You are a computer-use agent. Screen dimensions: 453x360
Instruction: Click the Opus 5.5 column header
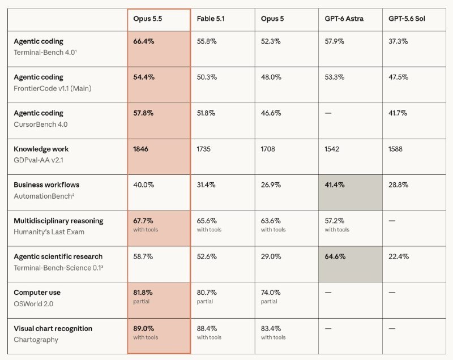coord(147,19)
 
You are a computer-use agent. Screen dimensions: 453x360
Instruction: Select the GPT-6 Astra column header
coord(344,19)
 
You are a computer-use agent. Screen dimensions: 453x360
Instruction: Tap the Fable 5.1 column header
coord(211,19)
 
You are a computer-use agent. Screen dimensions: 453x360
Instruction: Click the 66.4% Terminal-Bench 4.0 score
coord(144,41)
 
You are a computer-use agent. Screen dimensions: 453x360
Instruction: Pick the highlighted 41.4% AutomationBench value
coord(335,185)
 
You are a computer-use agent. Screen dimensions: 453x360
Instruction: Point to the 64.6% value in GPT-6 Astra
coord(335,256)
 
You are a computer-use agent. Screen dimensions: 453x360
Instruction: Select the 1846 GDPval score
coord(140,149)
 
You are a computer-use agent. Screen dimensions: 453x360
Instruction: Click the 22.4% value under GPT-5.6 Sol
coord(399,256)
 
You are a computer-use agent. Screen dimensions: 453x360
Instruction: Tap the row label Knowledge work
coord(41,149)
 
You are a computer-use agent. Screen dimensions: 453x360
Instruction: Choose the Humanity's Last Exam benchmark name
coord(49,232)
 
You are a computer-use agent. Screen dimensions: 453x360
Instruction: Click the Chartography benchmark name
coord(36,340)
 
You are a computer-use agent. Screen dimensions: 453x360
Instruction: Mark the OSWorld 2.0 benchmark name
coord(33,304)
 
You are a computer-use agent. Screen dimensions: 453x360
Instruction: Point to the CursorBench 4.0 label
coord(41,125)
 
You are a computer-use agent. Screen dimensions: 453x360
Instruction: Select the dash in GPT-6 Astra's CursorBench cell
coord(328,113)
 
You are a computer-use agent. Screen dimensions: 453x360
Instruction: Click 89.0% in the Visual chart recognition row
coord(144,328)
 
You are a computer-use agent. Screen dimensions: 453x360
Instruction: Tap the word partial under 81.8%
coord(141,301)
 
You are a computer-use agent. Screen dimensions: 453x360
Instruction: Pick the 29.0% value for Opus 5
coord(271,256)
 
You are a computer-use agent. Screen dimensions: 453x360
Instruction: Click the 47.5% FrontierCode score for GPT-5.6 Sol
coord(398,77)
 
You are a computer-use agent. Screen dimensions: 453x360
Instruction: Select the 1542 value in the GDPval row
coord(332,149)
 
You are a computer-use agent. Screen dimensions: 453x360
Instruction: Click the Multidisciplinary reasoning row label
coord(58,221)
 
